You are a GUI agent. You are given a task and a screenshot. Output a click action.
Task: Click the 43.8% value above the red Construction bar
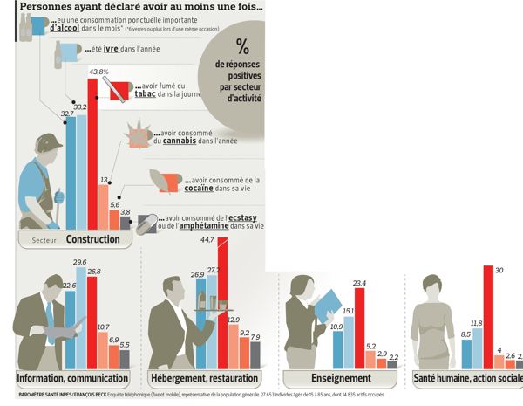tap(98, 71)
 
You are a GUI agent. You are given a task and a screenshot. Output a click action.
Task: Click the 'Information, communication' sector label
tap(73, 379)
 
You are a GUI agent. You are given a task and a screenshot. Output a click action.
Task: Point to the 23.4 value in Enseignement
tap(358, 283)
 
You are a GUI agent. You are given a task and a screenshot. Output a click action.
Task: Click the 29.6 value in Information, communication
tap(80, 262)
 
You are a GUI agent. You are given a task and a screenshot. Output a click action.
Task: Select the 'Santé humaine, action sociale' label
tap(467, 379)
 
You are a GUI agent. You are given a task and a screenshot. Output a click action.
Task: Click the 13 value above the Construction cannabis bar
tap(105, 180)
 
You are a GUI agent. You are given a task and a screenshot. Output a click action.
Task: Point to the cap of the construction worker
tap(50, 141)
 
